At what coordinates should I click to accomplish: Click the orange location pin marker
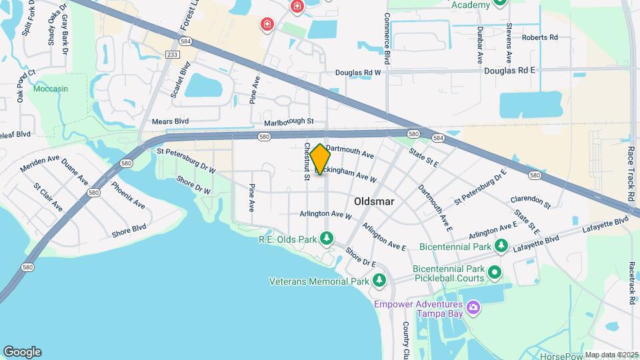[x=320, y=159]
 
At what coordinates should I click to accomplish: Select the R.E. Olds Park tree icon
[x=327, y=238]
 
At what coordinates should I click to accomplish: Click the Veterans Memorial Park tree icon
[x=379, y=281]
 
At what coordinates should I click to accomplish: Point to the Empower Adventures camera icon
[x=473, y=307]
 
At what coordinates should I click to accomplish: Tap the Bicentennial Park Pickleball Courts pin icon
[x=495, y=273]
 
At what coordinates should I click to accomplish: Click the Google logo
[x=22, y=352]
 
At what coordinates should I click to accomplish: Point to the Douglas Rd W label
[x=357, y=73]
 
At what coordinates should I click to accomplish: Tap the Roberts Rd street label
[x=539, y=38]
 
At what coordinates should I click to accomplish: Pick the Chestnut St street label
[x=307, y=161]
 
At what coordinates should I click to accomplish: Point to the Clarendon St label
[x=530, y=199]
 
